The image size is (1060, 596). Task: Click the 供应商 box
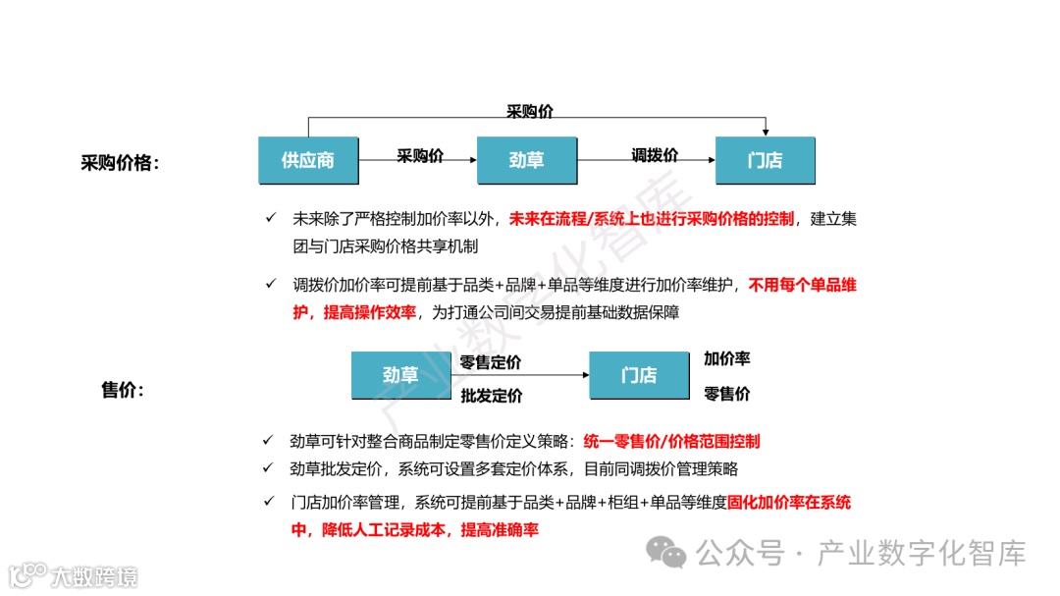click(308, 160)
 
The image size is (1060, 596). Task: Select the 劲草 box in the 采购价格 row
click(526, 160)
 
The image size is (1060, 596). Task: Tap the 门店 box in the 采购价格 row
click(765, 160)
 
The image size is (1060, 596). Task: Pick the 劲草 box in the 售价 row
click(400, 375)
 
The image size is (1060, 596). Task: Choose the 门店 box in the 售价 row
click(639, 375)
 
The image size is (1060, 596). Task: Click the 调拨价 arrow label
click(655, 155)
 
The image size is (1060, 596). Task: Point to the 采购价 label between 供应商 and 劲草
click(420, 155)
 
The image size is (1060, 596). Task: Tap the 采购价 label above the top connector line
click(530, 111)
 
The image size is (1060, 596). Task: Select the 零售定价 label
click(491, 362)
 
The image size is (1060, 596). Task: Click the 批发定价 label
click(491, 396)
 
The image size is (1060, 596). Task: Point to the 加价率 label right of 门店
click(727, 359)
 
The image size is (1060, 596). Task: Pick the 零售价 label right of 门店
click(727, 394)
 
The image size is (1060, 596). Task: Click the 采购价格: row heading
click(120, 163)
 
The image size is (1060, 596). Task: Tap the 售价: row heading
click(123, 390)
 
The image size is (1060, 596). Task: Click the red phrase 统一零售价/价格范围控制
click(671, 442)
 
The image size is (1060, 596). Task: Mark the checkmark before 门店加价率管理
click(268, 502)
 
